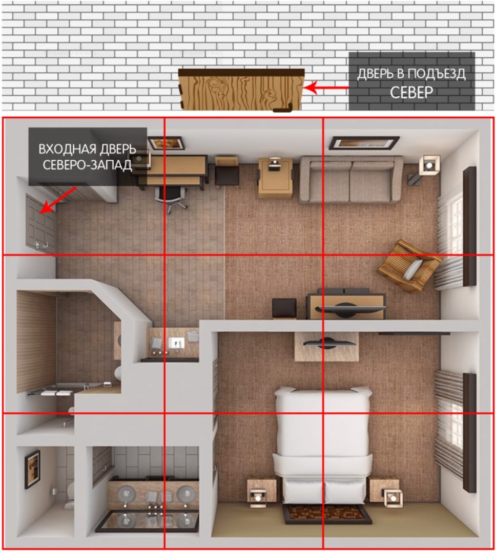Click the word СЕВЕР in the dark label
[411, 92]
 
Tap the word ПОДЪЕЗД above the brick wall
[437, 74]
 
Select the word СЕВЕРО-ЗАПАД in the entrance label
[87, 165]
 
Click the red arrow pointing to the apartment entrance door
[57, 200]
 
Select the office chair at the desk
[171, 198]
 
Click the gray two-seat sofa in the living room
[351, 180]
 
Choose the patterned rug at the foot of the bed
[326, 514]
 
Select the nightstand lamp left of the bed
[258, 497]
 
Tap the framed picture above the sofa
[364, 143]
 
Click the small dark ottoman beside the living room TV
[284, 308]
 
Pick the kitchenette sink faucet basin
[176, 343]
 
